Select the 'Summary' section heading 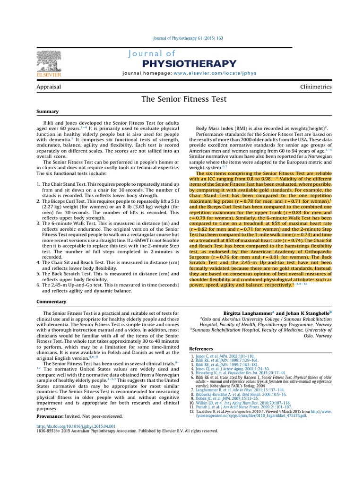48,112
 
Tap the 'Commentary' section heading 52,301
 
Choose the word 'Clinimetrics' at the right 316,87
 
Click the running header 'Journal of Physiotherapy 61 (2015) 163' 181,38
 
